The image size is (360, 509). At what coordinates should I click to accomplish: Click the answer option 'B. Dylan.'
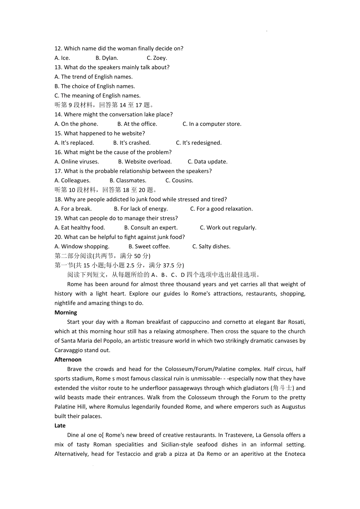tap(107, 58)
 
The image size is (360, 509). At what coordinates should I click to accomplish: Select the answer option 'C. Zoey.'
tap(157, 58)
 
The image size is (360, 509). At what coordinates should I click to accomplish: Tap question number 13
tap(58, 67)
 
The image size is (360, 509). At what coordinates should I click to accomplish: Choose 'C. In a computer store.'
tap(212, 124)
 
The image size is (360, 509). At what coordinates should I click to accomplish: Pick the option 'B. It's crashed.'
tap(132, 143)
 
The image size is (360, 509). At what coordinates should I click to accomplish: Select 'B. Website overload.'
tap(145, 162)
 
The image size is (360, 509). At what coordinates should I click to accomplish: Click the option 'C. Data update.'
tap(208, 162)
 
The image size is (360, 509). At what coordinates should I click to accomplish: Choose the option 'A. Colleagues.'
tap(72, 181)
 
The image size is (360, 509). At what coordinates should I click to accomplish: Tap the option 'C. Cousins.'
tap(179, 181)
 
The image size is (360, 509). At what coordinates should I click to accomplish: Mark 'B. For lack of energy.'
tap(141, 209)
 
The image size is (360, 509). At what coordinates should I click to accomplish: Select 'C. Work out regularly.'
tap(228, 228)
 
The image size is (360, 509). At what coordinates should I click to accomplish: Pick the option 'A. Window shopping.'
tap(82, 247)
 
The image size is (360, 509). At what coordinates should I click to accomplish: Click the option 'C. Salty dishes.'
tap(211, 247)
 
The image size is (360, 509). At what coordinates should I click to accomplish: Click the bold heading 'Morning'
tap(66, 312)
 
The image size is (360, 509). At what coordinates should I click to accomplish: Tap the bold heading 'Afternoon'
tap(68, 360)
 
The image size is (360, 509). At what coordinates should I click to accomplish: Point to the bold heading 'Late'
tap(60, 426)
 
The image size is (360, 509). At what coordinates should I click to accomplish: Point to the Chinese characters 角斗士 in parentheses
tap(282, 388)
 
